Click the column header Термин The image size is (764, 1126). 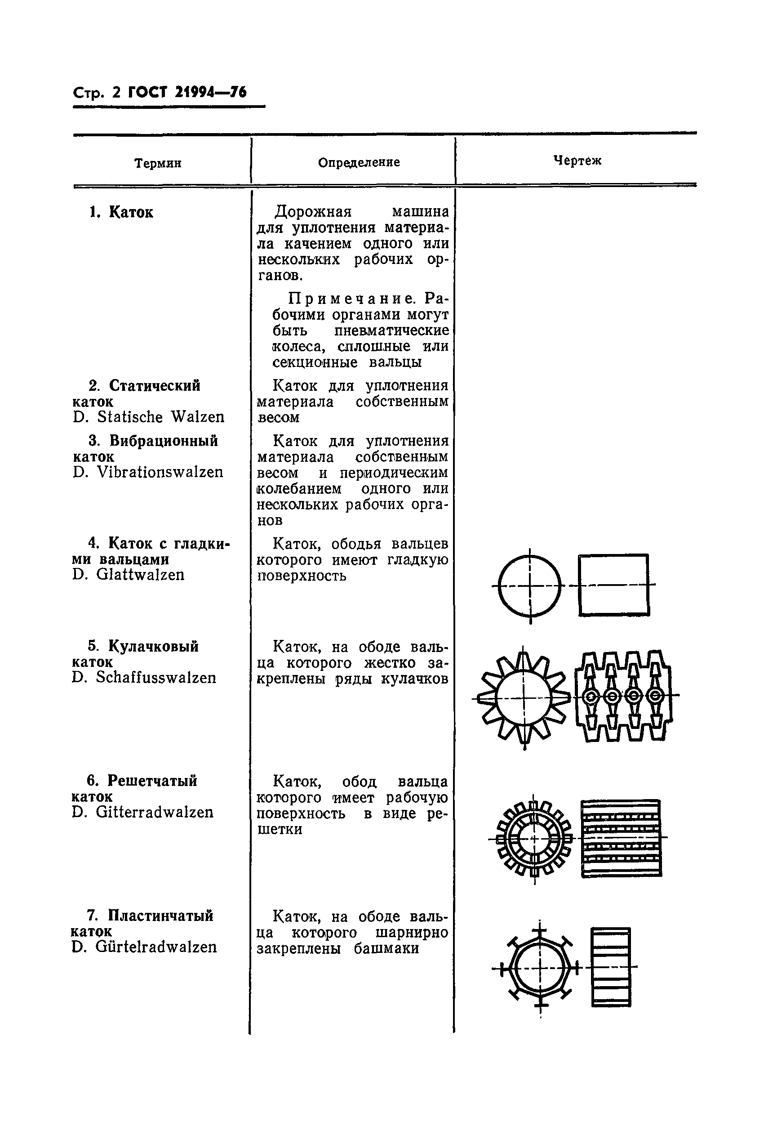(x=158, y=163)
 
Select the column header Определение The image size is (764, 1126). (x=359, y=162)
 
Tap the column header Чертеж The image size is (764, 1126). (x=577, y=161)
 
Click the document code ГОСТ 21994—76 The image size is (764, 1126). (x=187, y=92)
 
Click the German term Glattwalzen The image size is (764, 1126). (x=140, y=575)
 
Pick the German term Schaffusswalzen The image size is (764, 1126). (x=156, y=677)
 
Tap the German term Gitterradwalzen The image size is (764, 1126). (x=155, y=812)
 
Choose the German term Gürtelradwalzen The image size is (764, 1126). (x=156, y=947)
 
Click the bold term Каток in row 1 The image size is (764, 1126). (x=131, y=212)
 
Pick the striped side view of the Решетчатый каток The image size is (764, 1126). (x=622, y=838)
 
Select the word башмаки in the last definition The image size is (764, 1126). (x=386, y=948)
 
